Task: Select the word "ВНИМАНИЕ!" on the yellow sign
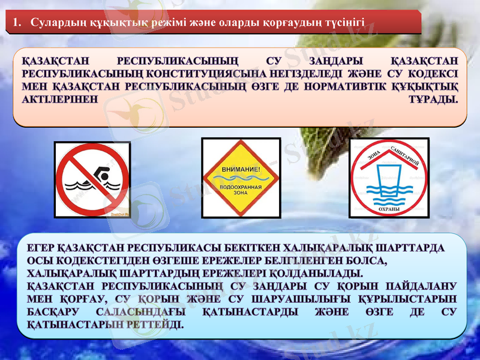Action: [241, 170]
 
